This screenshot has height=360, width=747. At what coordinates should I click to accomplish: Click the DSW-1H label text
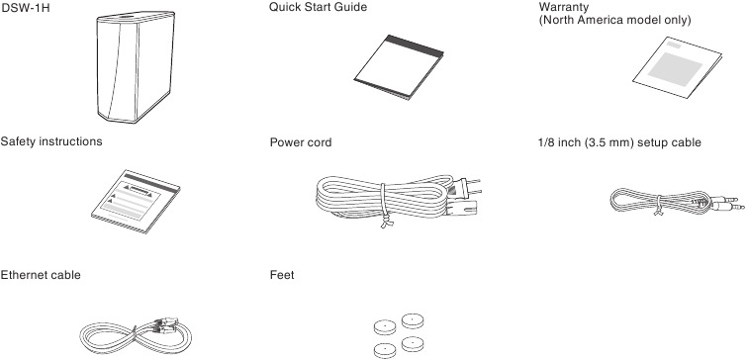pos(22,8)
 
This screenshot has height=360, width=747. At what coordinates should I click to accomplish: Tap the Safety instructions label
pos(51,142)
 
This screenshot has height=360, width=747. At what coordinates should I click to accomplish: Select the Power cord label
pos(301,142)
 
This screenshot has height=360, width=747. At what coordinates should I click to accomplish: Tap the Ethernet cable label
pos(41,273)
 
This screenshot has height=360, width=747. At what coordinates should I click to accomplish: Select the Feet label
pos(282,273)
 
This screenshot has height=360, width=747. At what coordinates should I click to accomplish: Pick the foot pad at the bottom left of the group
pos(382,348)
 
